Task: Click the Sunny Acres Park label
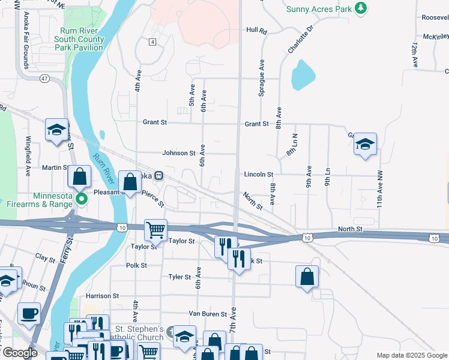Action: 318,8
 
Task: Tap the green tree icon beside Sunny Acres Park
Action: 360,8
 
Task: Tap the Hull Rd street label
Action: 256,29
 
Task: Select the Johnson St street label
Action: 179,153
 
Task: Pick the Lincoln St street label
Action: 259,174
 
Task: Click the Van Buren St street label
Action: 208,313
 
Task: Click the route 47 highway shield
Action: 28,79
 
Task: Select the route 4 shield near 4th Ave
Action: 153,41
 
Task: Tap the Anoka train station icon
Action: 158,176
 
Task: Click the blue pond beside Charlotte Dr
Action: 302,75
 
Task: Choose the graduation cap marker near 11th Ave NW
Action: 364,145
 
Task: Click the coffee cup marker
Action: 29,314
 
